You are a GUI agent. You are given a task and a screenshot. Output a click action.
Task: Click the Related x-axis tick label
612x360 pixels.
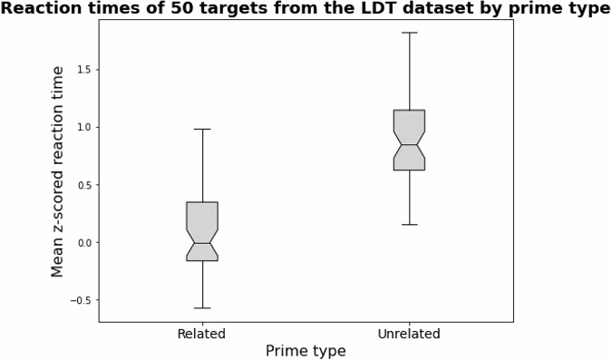click(201, 334)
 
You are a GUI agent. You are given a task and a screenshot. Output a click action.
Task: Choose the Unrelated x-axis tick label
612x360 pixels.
click(409, 334)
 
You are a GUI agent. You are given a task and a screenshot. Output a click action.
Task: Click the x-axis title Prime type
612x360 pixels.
click(306, 350)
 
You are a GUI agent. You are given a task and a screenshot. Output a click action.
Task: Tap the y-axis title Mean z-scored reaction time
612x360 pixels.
click(58, 171)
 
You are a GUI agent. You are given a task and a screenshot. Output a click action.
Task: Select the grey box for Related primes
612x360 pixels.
click(202, 222)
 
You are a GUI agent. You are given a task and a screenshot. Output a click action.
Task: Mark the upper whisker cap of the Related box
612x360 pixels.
click(202, 129)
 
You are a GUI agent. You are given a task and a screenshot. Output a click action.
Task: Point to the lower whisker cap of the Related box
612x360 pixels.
click(202, 308)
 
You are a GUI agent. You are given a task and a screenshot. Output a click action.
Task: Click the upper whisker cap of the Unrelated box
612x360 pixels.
click(409, 33)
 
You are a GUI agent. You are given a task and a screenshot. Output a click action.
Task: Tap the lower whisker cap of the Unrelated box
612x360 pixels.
click(409, 224)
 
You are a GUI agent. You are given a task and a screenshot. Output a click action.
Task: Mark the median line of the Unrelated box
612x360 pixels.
click(409, 145)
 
